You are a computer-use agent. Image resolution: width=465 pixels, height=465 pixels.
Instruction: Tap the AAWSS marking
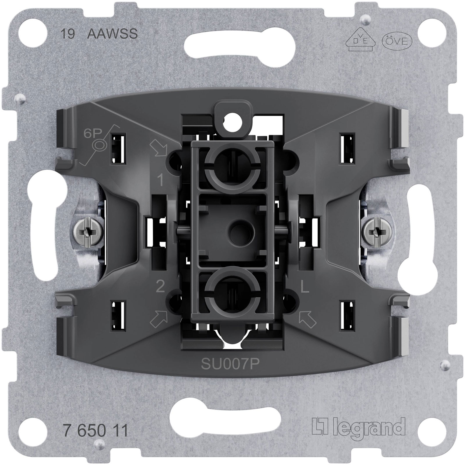pos(112,34)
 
